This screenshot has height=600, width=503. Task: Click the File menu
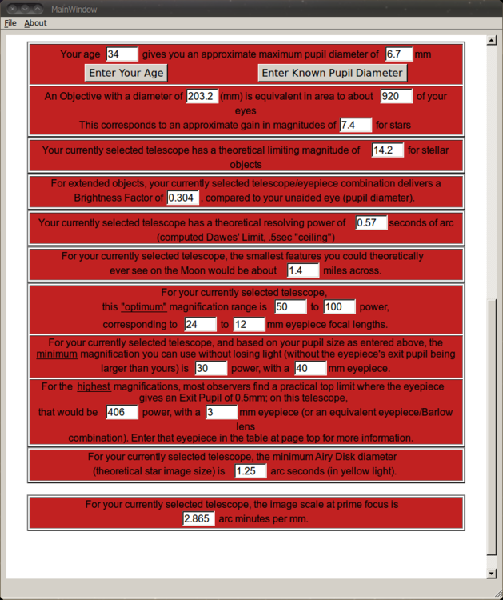(x=10, y=23)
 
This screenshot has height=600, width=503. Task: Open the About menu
(x=35, y=23)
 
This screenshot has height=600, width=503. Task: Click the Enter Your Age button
(x=126, y=73)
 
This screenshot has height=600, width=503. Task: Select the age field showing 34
(x=122, y=54)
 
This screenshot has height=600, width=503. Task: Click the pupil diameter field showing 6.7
(x=398, y=54)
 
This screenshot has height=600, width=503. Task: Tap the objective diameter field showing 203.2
(x=202, y=96)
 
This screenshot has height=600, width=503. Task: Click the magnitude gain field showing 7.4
(x=356, y=125)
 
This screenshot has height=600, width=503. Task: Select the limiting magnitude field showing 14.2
(x=388, y=150)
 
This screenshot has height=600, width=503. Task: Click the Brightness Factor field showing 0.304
(x=183, y=198)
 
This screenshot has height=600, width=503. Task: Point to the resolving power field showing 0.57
(x=371, y=222)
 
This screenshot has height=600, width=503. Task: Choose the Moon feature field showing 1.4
(x=303, y=270)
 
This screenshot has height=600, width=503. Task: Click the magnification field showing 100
(x=340, y=307)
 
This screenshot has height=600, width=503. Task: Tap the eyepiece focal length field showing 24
(x=200, y=325)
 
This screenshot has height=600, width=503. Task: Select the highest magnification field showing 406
(x=122, y=412)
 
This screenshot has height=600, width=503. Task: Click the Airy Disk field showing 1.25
(x=250, y=471)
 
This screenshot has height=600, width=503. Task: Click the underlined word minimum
(x=57, y=354)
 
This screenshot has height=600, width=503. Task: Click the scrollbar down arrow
(x=491, y=574)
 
